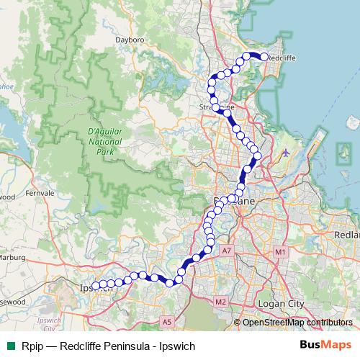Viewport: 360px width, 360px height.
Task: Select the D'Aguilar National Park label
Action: click(105, 143)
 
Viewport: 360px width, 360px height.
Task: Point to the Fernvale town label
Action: click(40, 194)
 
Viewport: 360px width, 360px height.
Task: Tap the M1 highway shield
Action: click(280, 252)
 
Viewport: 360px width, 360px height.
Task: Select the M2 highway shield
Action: click(221, 301)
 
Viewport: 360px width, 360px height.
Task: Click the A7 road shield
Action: click(227, 250)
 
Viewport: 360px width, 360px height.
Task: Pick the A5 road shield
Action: click(167, 322)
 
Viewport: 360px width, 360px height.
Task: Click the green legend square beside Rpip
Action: click(9, 346)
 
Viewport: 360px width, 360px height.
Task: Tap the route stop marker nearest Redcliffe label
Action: click(264, 57)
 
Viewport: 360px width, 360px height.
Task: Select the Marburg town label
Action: click(13, 257)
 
